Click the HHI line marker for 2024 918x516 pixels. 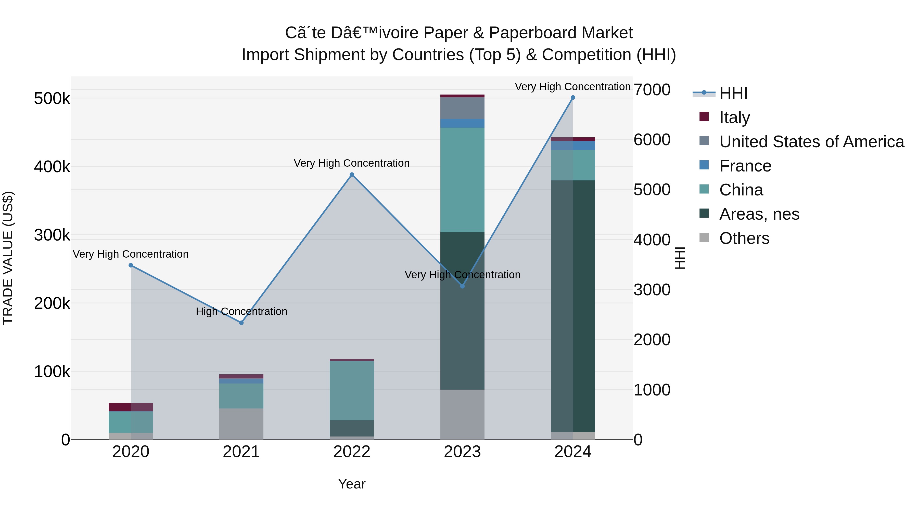pos(573,98)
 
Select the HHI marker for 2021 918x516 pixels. pos(241,323)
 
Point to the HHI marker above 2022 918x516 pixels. pos(352,175)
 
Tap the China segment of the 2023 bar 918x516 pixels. pos(462,180)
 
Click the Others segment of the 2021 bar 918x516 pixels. pos(241,424)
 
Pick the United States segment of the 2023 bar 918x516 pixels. pos(462,108)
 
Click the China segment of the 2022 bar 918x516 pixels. pos(352,390)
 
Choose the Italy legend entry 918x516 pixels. pos(734,117)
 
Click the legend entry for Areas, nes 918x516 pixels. pos(759,214)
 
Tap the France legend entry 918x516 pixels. pos(745,166)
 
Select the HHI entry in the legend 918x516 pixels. pos(733,93)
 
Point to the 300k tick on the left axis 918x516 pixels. pos(52,235)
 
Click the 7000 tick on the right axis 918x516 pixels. pos(652,90)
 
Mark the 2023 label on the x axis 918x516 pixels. pos(462,452)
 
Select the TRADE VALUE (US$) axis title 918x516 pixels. pos(8,258)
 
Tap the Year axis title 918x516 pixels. pos(352,484)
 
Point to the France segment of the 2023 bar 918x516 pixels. pos(462,123)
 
